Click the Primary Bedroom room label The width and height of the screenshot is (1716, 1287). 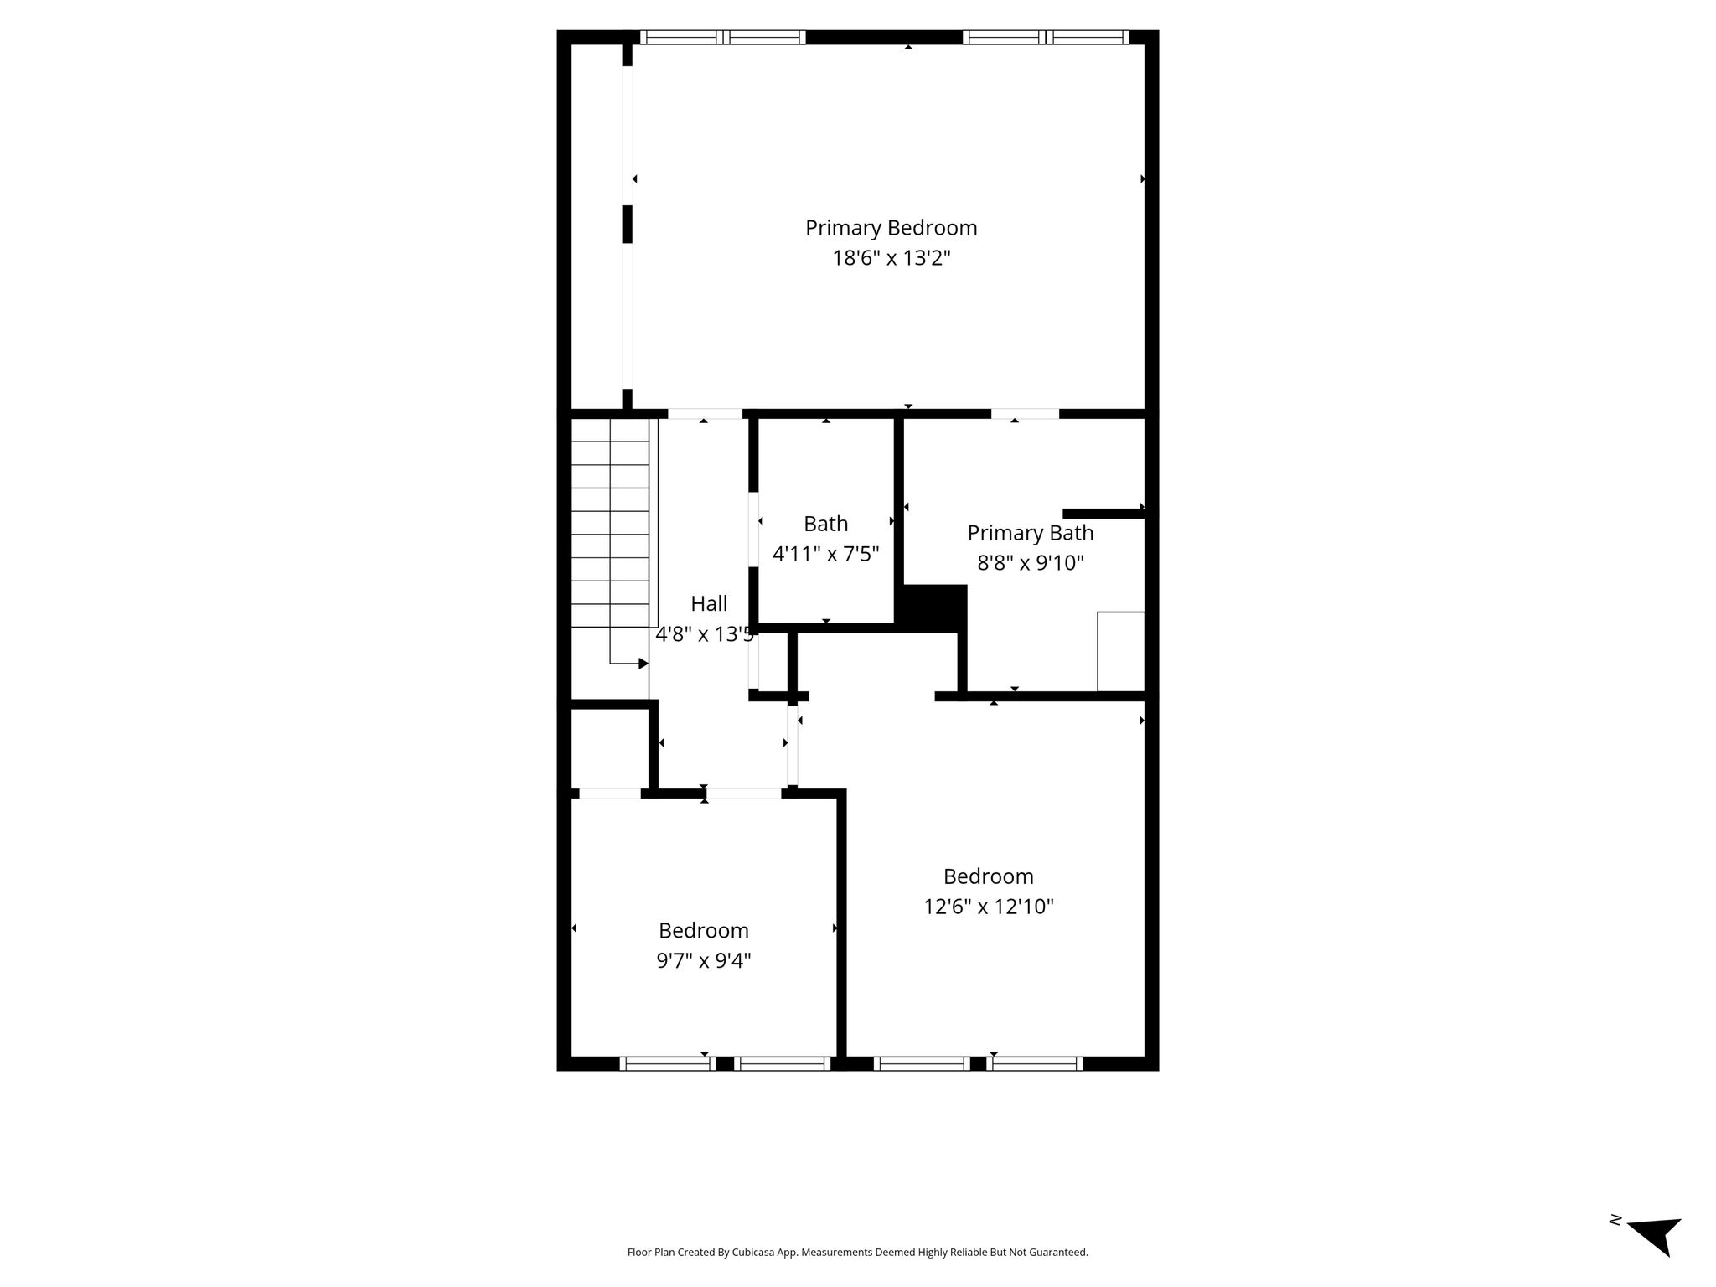[x=891, y=228]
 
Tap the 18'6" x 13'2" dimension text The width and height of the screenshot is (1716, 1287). [x=891, y=257]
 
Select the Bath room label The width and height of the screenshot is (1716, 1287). [x=825, y=524]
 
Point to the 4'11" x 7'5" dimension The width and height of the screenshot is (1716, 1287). [x=825, y=554]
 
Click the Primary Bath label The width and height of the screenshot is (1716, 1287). [x=1031, y=533]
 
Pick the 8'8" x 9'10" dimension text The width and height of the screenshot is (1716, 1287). [x=1031, y=562]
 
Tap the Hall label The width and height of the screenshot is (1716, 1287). [x=709, y=603]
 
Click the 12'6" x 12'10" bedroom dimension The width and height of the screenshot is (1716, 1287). [x=989, y=906]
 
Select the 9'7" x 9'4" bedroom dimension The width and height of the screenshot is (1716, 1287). [x=704, y=960]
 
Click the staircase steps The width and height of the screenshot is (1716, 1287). [x=610, y=523]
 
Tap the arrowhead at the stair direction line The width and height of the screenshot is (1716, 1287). [x=643, y=664]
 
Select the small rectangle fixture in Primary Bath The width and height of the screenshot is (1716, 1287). [x=1121, y=652]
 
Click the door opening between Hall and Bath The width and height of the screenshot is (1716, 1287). [x=753, y=530]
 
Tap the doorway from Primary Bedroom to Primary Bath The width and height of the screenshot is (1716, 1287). [x=1025, y=414]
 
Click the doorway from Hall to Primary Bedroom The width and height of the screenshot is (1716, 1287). [x=705, y=414]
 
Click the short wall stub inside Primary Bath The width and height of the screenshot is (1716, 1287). [x=1104, y=514]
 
